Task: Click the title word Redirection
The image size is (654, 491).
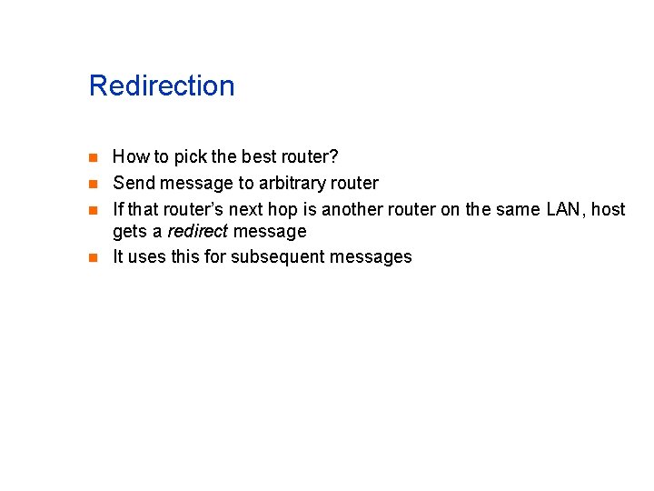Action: coord(162,86)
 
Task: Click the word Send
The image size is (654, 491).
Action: coord(133,184)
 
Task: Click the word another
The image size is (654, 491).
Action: coord(352,209)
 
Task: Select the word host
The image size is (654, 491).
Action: coord(608,209)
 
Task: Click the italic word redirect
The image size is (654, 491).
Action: coord(198,231)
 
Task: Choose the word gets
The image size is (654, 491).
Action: coord(131,231)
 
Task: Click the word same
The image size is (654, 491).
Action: coord(520,209)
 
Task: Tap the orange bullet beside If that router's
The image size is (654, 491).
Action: coord(94,210)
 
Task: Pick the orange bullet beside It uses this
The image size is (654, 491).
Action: coord(94,257)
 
